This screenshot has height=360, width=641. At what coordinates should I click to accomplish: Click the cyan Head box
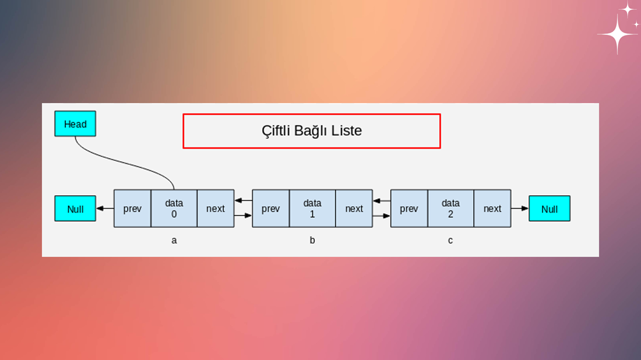[75, 123]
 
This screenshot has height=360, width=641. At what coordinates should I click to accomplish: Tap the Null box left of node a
[75, 209]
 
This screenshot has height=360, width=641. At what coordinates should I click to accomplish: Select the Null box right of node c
[550, 209]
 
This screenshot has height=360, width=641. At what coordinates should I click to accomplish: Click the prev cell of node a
[132, 209]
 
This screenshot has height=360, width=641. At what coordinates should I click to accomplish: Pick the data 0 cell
[174, 209]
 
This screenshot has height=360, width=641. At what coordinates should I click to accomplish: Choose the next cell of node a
[216, 209]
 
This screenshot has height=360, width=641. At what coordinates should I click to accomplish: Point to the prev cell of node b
[270, 209]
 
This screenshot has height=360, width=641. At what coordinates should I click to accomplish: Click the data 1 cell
[312, 209]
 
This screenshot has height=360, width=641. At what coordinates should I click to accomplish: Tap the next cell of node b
[354, 209]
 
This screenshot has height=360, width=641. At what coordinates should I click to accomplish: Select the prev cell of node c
[409, 209]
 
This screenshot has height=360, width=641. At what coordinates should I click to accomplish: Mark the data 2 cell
[451, 209]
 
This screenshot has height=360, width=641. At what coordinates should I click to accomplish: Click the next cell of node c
[492, 209]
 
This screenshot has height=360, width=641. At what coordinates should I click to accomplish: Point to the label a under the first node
[174, 241]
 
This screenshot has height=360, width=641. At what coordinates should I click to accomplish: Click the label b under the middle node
[312, 240]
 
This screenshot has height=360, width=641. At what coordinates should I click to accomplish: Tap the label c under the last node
[450, 241]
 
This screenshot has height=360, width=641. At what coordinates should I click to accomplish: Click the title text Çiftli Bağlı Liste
[312, 130]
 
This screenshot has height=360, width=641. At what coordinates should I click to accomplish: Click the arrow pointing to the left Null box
[105, 209]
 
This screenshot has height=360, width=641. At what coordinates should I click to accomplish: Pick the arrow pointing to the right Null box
[520, 209]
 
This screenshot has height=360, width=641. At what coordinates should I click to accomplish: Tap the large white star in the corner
[618, 34]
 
